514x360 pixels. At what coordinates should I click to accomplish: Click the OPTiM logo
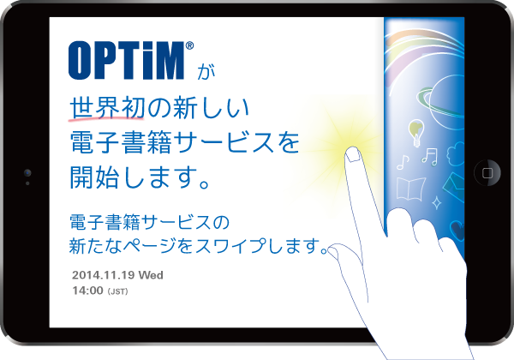pos(127,60)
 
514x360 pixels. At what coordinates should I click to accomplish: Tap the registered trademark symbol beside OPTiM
pos(189,45)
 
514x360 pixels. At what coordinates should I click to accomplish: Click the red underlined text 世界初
pos(107,108)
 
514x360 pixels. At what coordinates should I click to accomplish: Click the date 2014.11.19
pos(104,275)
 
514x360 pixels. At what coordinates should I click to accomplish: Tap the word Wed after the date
pos(151,275)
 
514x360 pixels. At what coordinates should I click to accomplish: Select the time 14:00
pos(87,291)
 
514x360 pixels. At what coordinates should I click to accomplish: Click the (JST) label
pos(117,291)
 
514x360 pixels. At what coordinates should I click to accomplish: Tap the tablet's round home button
pos(487,172)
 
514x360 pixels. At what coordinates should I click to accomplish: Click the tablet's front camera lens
pos(27,172)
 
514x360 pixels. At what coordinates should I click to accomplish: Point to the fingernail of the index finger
pos(353,155)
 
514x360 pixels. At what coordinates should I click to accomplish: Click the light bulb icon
pos(416,133)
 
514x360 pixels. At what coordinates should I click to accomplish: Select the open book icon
pos(410,189)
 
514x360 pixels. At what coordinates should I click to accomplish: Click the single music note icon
pos(403,162)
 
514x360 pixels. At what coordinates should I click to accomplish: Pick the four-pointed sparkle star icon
pos(436,202)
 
